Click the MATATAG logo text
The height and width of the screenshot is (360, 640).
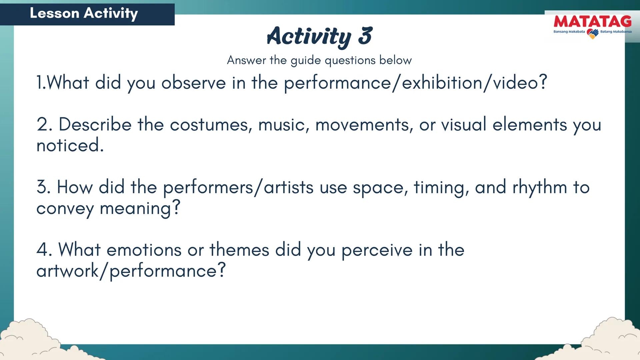[x=592, y=22]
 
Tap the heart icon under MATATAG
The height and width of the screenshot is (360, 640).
[x=592, y=34]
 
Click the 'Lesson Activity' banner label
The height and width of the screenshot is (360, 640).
[x=84, y=13]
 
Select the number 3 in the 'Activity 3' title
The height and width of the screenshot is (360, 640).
[x=365, y=36]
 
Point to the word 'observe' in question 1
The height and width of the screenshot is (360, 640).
[x=193, y=83]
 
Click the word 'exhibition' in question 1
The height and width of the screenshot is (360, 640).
[x=442, y=83]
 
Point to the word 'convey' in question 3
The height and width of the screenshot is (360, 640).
[x=65, y=209]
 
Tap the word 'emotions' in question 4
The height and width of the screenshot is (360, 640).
[x=144, y=250]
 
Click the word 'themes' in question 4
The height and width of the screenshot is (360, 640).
[x=239, y=250]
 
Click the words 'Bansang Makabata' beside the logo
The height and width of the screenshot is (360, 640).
[x=569, y=32]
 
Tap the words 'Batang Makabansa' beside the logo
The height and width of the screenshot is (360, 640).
[x=616, y=32]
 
